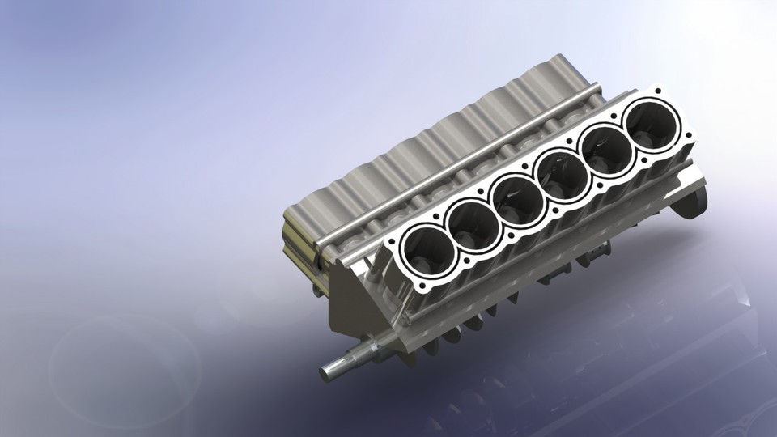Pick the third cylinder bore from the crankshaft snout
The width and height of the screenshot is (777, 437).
point(516,197)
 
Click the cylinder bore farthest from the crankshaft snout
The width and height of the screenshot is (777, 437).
point(652,124)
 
